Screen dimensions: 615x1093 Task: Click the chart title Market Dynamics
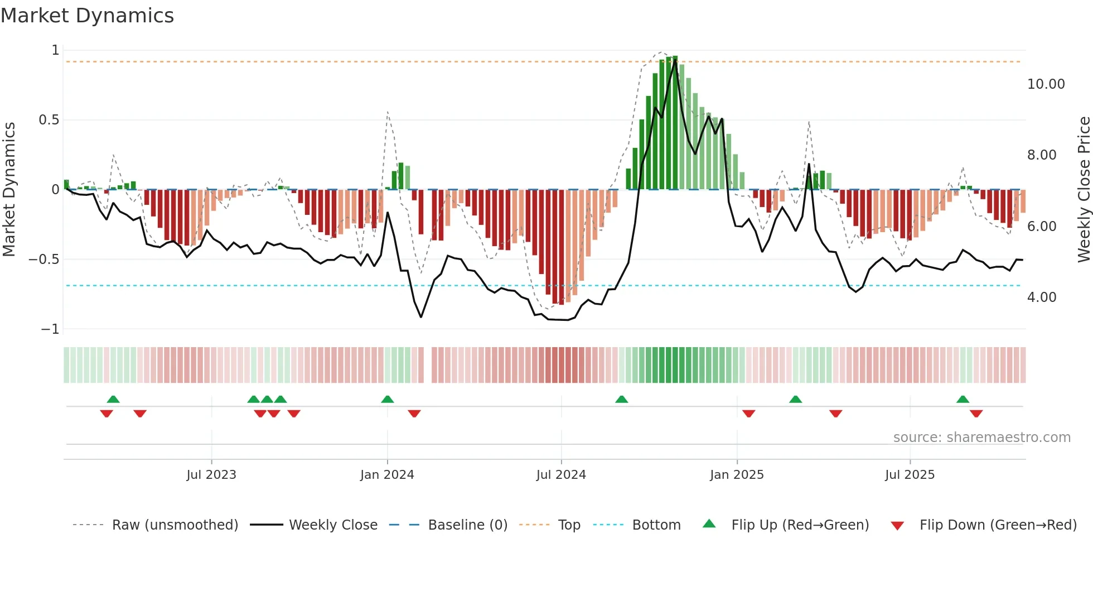click(x=87, y=16)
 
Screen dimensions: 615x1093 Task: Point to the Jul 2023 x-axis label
click(x=211, y=475)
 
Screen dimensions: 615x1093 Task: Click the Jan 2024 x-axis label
click(x=387, y=475)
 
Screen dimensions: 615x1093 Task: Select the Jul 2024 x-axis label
click(x=561, y=475)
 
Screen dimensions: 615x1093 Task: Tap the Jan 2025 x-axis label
click(x=737, y=475)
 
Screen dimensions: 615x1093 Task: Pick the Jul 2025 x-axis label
click(x=910, y=475)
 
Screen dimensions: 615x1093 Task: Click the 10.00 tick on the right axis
click(x=1046, y=84)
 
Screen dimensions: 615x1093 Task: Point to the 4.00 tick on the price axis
click(x=1042, y=297)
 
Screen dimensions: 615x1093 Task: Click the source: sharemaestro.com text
click(x=981, y=438)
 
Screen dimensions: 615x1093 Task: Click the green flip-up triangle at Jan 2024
click(x=388, y=399)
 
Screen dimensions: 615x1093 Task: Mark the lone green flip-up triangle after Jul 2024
click(x=621, y=399)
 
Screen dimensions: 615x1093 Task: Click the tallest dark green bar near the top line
click(x=675, y=123)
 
